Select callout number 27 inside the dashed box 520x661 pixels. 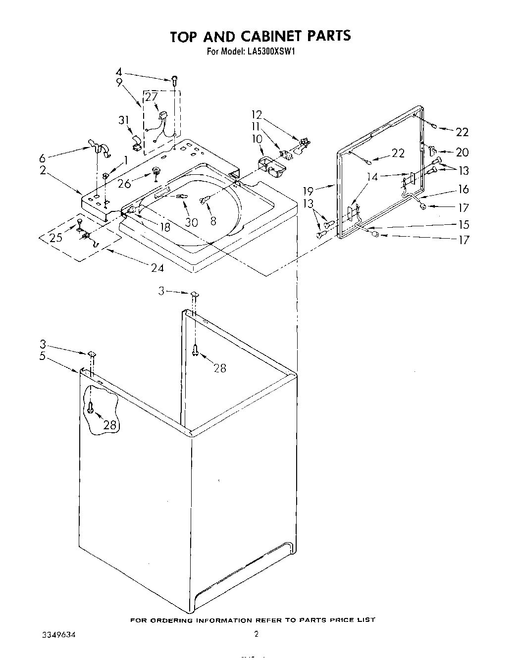(151, 97)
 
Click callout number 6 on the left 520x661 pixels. (43, 158)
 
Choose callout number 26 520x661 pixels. (124, 183)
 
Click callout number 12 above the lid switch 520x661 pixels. (257, 115)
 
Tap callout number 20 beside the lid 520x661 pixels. (462, 153)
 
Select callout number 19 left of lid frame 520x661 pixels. (308, 190)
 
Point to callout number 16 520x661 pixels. (463, 189)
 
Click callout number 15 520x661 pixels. (463, 225)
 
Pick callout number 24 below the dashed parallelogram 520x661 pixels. (157, 268)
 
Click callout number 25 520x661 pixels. (55, 237)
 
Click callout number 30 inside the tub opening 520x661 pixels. (191, 223)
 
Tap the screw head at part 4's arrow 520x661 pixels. (175, 78)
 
